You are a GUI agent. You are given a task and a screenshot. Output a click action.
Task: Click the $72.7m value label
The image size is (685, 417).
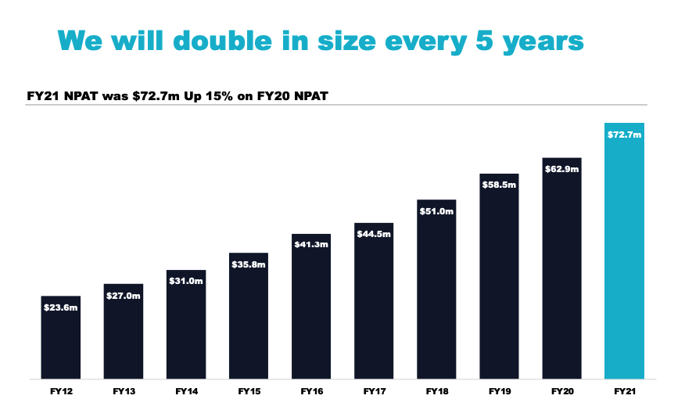[x=624, y=135]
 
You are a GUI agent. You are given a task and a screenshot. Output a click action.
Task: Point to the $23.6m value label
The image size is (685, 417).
[x=61, y=307]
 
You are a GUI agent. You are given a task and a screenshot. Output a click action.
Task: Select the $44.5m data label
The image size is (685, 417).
[x=374, y=235]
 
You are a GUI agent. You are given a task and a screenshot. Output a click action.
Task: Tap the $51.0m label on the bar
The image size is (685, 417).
[x=436, y=211]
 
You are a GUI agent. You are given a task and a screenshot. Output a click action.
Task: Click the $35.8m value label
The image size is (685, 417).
[x=249, y=264]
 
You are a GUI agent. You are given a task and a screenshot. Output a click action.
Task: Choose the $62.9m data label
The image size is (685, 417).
[x=561, y=169]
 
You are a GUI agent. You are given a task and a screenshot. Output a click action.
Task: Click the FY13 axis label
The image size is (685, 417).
[x=124, y=390]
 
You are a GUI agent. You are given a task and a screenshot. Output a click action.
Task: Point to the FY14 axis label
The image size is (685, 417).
[x=186, y=390]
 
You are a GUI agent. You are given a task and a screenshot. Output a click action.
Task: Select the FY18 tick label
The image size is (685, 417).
[x=436, y=390]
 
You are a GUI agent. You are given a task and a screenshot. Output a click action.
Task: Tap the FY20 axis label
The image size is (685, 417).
[x=561, y=390]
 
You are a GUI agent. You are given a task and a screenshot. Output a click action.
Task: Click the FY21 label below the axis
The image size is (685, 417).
[x=624, y=390]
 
